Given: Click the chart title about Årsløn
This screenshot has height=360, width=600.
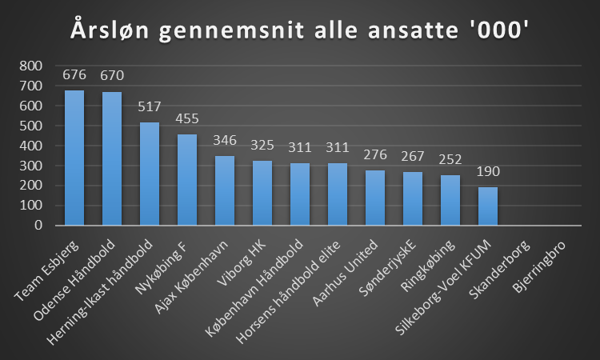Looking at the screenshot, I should pyautogui.click(x=300, y=30).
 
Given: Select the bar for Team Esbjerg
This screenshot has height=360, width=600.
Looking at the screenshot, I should pyautogui.click(x=74, y=158).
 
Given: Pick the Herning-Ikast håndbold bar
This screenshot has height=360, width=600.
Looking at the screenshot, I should pyautogui.click(x=150, y=174).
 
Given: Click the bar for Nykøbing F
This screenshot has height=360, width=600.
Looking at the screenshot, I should pyautogui.click(x=187, y=180).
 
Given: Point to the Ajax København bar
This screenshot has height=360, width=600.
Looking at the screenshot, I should pyautogui.click(x=225, y=190).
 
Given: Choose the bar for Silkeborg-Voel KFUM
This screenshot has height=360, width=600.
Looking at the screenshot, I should pyautogui.click(x=488, y=206).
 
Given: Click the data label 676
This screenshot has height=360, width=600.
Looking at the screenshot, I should pyautogui.click(x=74, y=77).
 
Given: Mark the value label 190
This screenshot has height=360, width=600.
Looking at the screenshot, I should pyautogui.click(x=488, y=174).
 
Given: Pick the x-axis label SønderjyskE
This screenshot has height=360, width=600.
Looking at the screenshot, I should pyautogui.click(x=391, y=264).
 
